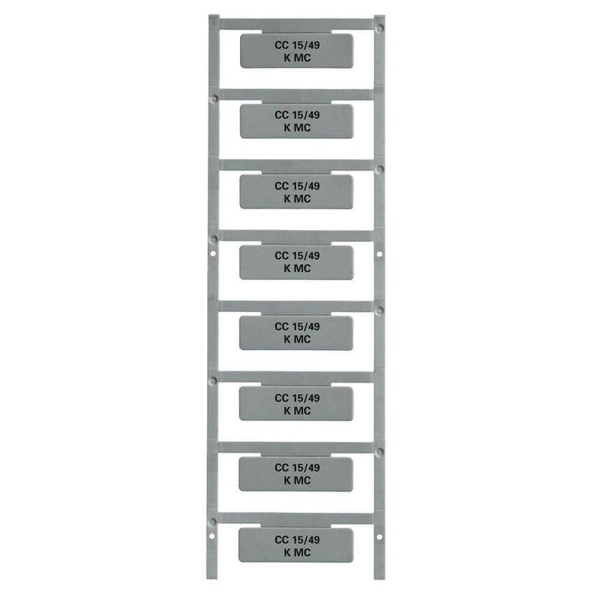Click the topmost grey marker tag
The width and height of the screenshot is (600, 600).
[296, 51]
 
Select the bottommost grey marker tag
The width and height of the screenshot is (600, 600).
[296, 545]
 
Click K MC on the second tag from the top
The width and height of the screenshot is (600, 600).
[297, 127]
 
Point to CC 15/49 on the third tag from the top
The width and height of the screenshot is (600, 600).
[297, 186]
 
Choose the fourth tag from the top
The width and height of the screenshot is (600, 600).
[296, 262]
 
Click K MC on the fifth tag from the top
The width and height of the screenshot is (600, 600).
[297, 339]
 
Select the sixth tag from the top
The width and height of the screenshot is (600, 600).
[296, 403]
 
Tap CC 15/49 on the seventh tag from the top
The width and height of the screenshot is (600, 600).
[297, 467]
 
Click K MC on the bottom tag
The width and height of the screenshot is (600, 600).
[297, 553]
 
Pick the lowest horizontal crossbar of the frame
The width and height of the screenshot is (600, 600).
[296, 518]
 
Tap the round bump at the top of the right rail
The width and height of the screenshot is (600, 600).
[379, 27]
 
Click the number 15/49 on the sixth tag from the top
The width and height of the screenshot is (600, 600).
[305, 397]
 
